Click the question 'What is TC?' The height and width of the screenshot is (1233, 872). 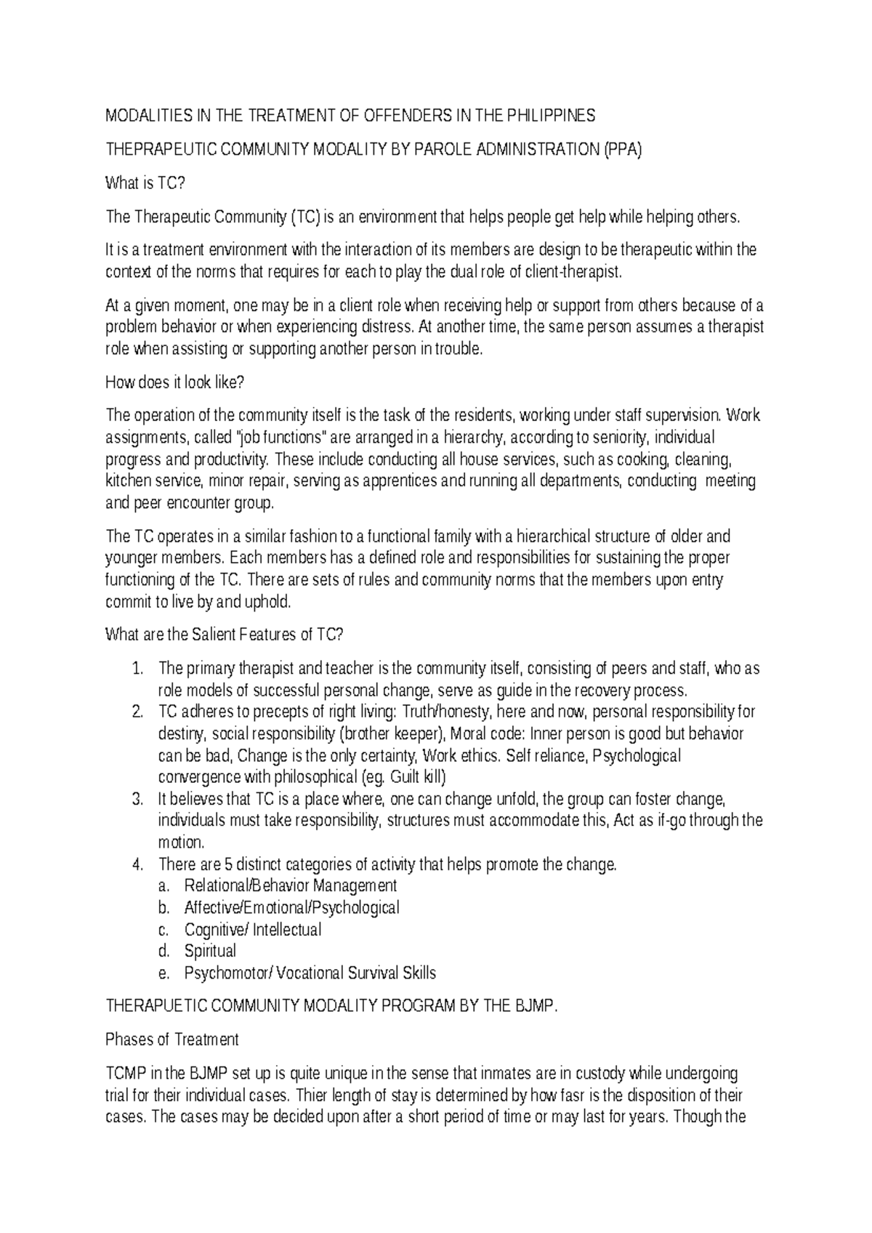click(145, 183)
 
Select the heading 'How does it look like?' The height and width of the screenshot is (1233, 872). click(175, 382)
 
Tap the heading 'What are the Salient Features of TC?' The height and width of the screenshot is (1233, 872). click(224, 635)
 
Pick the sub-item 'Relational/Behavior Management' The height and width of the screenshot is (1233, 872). click(291, 885)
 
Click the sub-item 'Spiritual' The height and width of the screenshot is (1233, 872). click(210, 951)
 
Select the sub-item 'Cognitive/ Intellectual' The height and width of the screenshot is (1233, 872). click(253, 929)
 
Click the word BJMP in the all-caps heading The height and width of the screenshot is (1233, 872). click(533, 1006)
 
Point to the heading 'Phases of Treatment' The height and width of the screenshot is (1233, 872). click(172, 1040)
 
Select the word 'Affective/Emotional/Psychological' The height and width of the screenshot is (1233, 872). click(292, 907)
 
